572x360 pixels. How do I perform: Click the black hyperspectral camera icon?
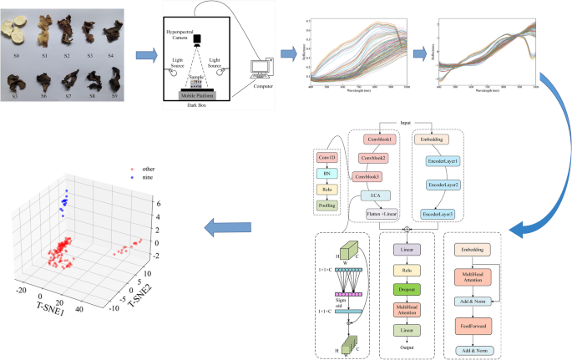tap(197, 38)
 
